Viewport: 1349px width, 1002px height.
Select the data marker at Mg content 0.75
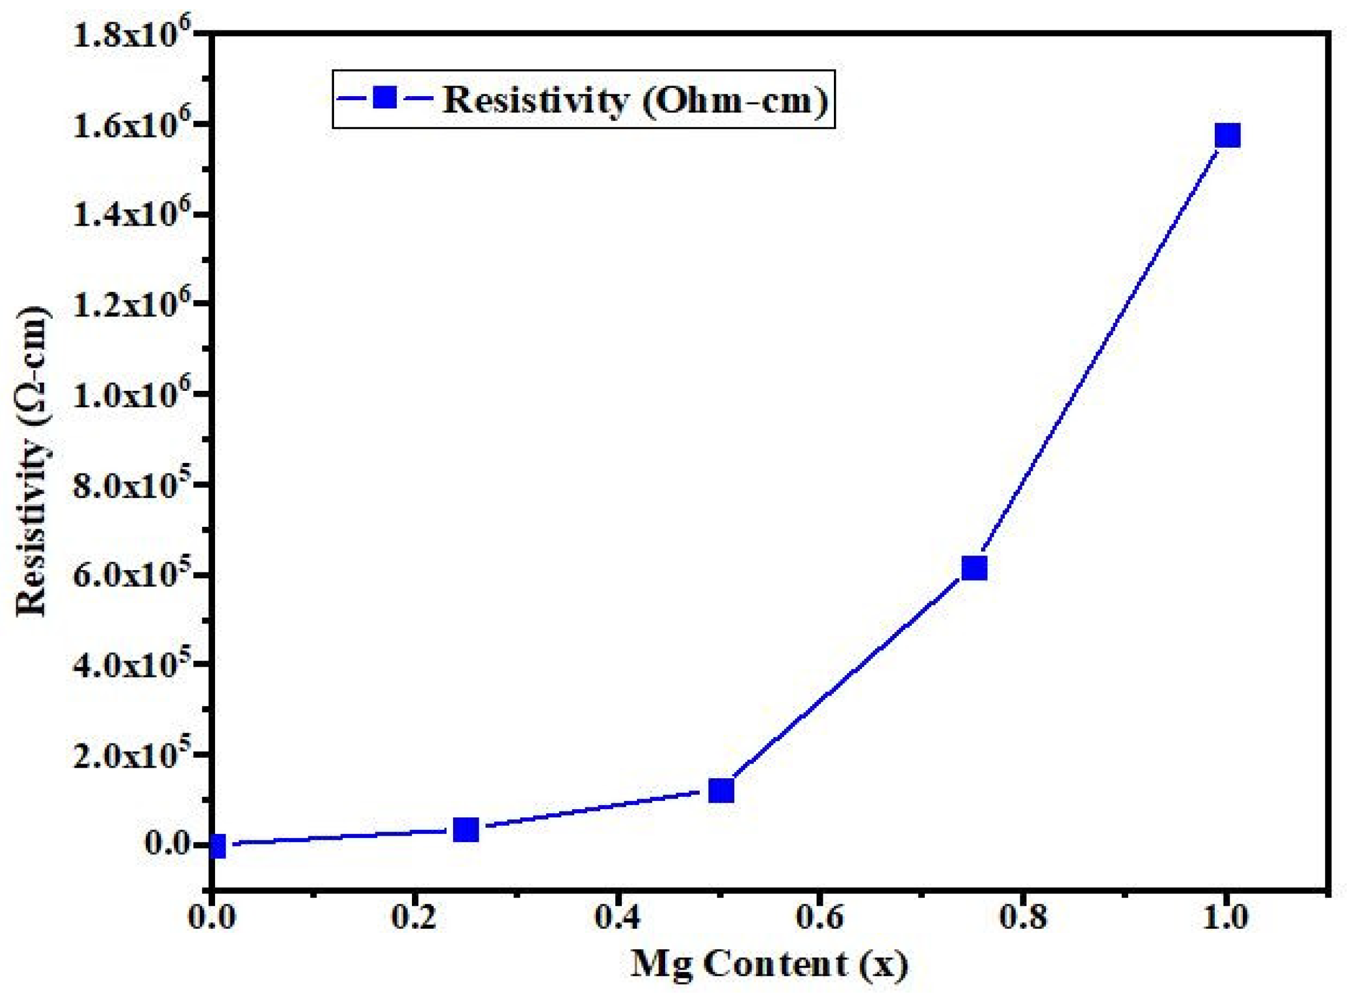(x=973, y=568)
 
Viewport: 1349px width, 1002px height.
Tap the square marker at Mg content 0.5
(x=721, y=790)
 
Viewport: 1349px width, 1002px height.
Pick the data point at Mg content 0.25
(x=466, y=829)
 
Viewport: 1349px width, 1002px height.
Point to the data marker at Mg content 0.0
(x=217, y=846)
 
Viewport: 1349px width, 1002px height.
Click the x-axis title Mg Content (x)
(x=769, y=964)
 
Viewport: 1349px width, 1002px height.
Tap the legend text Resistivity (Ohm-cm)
(x=636, y=99)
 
